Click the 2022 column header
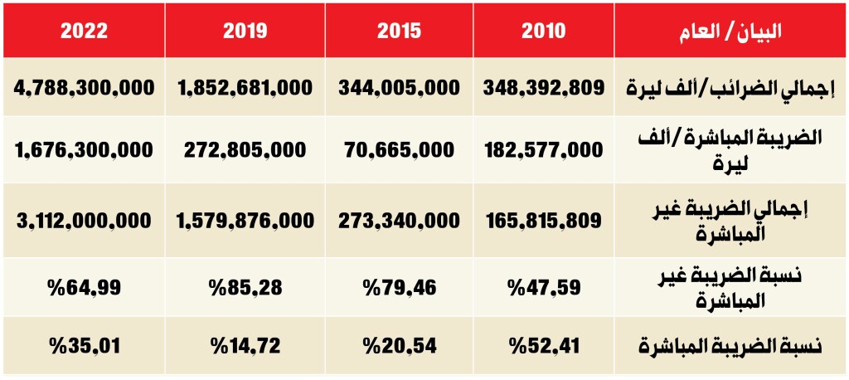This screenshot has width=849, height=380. pyautogui.click(x=84, y=31)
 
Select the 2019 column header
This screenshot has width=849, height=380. pyautogui.click(x=245, y=31)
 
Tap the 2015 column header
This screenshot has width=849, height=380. pyautogui.click(x=399, y=31)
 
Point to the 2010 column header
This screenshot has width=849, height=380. pyautogui.click(x=544, y=31)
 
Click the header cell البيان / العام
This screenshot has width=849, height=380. pyautogui.click(x=730, y=31)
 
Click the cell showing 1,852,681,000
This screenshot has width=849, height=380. pyautogui.click(x=245, y=87)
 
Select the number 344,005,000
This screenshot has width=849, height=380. pyautogui.click(x=399, y=87)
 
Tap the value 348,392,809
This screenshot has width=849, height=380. pyautogui.click(x=543, y=87)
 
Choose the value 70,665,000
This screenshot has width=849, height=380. pyautogui.click(x=399, y=149)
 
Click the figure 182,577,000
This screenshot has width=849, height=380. pyautogui.click(x=543, y=149)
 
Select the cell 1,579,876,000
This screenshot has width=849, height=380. pyautogui.click(x=245, y=221)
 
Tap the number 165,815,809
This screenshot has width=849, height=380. pyautogui.click(x=543, y=221)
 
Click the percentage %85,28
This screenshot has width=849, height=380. pyautogui.click(x=245, y=287)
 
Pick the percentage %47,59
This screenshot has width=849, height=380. pyautogui.click(x=543, y=287)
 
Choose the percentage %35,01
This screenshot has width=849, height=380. pyautogui.click(x=84, y=345)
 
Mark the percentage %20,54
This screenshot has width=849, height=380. pyautogui.click(x=399, y=345)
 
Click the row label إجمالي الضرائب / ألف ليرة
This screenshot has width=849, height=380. pyautogui.click(x=730, y=87)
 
